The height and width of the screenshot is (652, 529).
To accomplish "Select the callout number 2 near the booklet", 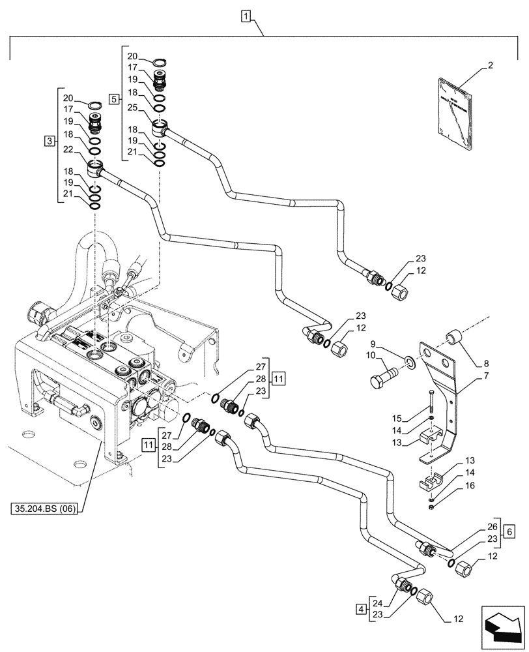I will (x=490, y=65).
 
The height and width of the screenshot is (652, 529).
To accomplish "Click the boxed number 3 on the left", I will (x=49, y=141).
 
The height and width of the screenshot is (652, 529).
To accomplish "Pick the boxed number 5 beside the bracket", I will (x=114, y=99).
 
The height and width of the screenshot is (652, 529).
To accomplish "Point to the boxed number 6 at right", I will (x=509, y=531).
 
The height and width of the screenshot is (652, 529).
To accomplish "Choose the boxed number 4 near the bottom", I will (x=361, y=609).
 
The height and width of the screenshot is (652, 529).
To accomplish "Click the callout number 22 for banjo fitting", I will (x=67, y=151).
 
